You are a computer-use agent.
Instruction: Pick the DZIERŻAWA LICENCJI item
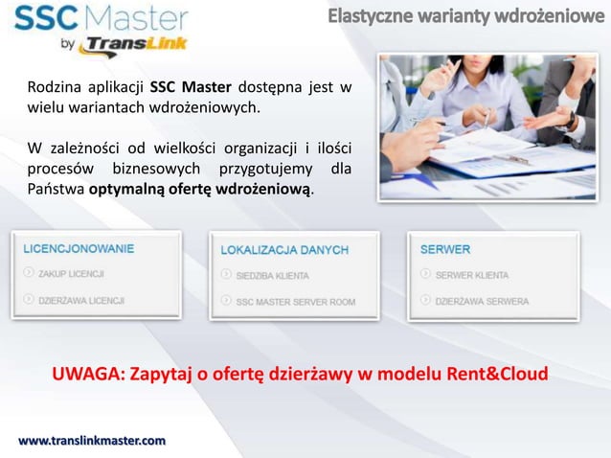point(81,300)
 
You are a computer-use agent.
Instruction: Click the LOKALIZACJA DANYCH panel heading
point(284,249)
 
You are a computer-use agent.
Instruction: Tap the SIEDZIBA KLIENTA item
point(272,275)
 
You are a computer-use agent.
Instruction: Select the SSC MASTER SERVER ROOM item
point(295,301)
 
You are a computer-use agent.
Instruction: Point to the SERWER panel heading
point(445,248)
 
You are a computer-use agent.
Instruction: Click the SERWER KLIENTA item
point(472,274)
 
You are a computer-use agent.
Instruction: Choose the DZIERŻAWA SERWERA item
point(482,300)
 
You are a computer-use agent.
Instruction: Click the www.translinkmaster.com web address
point(93,440)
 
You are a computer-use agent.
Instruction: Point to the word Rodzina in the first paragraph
point(54,88)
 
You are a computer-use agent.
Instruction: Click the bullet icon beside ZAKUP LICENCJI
point(29,273)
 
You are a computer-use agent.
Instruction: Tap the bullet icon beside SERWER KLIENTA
point(425,274)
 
